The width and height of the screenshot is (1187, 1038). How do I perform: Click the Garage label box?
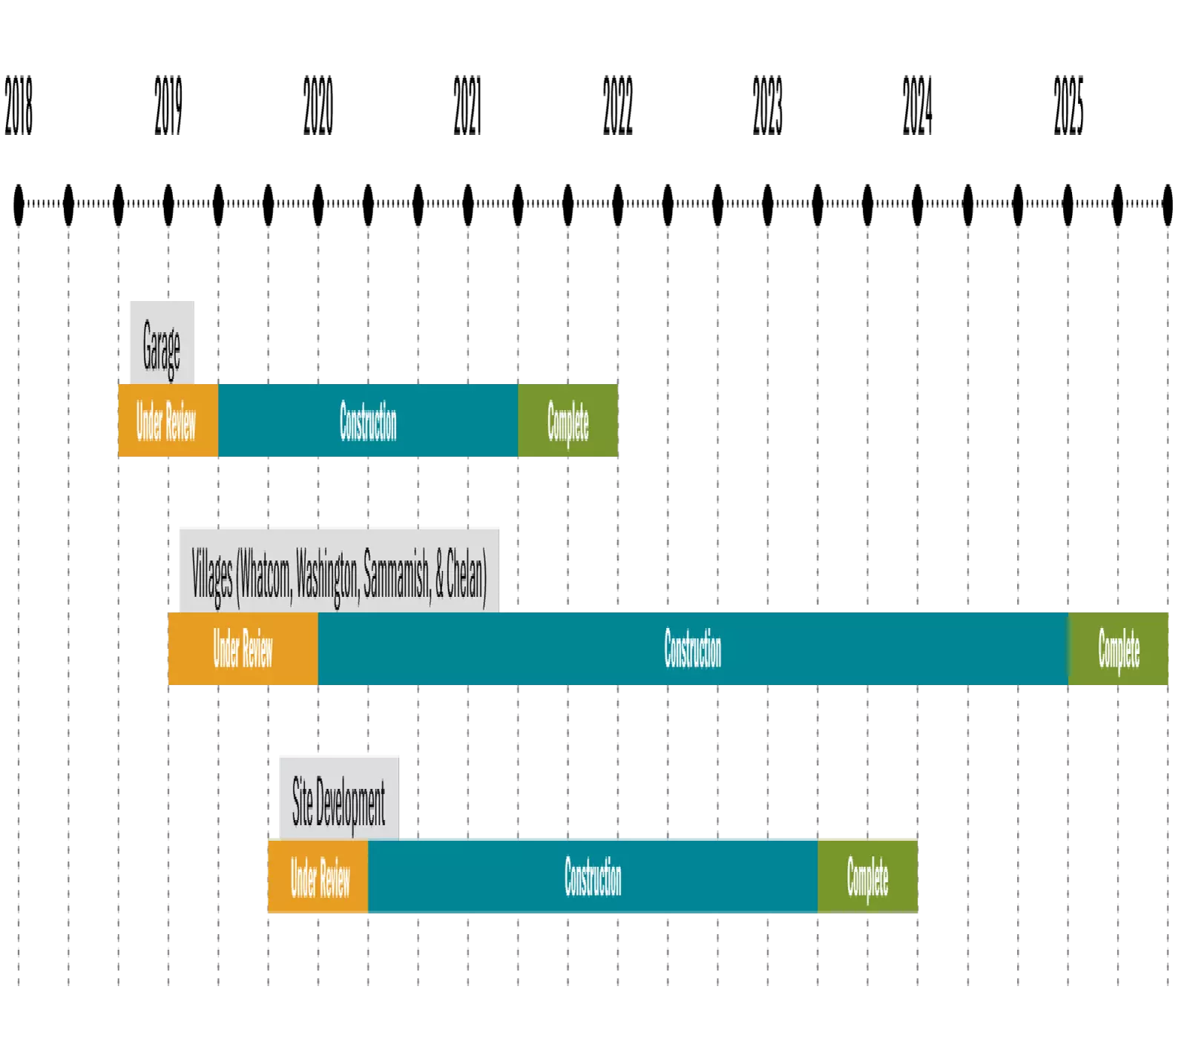pos(162,341)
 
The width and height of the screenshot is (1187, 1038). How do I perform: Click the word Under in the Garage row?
pos(148,421)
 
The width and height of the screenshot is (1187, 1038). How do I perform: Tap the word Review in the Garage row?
pos(180,421)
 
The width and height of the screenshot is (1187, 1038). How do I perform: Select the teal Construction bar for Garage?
pos(368,420)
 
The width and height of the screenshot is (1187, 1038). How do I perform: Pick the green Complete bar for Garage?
pos(568,420)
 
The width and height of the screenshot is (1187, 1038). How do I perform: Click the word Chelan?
pos(466,576)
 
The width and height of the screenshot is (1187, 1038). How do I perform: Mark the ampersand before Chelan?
pos(439,577)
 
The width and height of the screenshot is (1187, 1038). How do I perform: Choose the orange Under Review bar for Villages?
pos(243,649)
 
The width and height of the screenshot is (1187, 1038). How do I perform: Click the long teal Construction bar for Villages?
pos(693,649)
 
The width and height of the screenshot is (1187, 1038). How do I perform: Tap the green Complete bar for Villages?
pos(1119,649)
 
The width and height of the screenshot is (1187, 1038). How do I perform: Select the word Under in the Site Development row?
pos(303,877)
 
